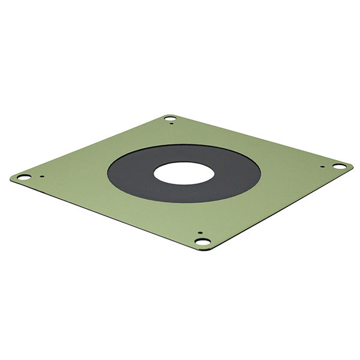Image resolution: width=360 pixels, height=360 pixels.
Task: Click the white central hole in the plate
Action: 184,173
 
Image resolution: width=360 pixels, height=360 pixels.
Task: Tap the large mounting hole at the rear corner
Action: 170,118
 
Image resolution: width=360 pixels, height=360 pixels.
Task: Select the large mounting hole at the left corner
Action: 24,177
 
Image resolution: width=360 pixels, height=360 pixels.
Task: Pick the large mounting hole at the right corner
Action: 339,166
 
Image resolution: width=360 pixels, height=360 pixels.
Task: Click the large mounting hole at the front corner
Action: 203,241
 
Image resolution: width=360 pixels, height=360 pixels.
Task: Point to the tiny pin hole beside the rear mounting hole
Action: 173,124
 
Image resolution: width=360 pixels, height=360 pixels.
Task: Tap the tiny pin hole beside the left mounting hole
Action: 41,176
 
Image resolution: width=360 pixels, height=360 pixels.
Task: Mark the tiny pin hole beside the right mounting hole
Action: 322,167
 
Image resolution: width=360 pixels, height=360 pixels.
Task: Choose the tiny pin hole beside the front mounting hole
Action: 200,233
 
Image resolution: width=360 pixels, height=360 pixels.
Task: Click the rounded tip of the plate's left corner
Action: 12,178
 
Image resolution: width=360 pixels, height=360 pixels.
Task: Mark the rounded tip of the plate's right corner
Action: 351,166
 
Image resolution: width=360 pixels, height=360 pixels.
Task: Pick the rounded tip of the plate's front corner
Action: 204,248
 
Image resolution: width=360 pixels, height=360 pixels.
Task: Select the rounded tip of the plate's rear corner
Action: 169,115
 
